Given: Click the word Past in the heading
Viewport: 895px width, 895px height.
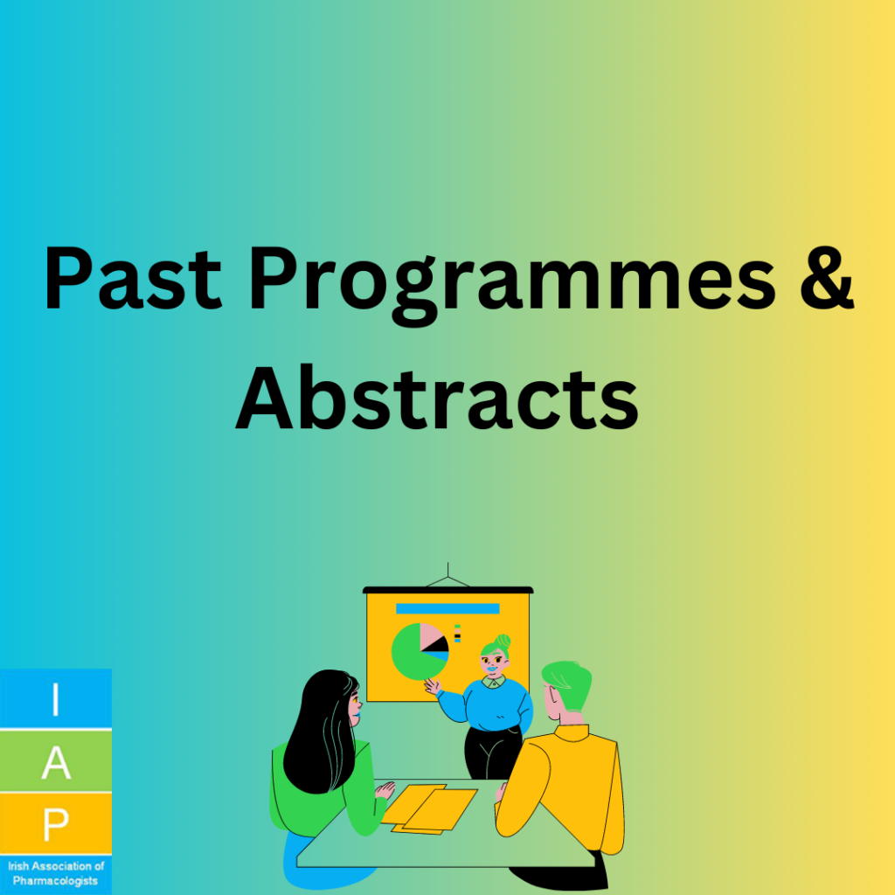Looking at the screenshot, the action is [133, 278].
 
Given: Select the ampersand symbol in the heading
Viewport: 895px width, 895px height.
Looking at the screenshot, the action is [827, 279].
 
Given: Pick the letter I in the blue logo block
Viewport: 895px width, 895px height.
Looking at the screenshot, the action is [55, 700].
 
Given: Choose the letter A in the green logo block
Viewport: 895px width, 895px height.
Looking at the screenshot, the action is [56, 762].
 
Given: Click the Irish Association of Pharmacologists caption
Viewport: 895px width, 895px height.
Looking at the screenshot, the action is [55, 873].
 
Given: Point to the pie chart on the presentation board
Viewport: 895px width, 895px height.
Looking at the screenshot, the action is [420, 651].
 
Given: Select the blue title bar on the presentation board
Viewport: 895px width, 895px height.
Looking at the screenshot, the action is [447, 608].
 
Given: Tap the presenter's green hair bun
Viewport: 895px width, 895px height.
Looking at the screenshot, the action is [503, 642].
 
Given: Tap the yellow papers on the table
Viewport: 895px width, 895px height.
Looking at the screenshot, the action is [428, 808].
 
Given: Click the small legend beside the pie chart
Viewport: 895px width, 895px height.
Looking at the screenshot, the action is [457, 634].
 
